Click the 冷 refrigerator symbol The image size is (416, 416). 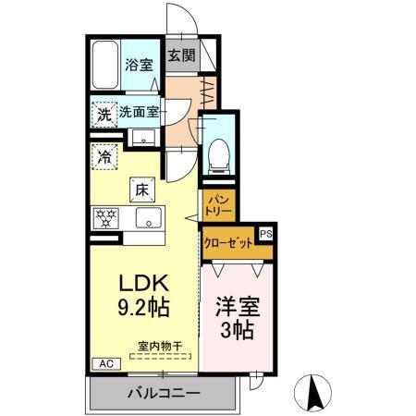[105, 154]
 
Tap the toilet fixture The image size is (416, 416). [219, 152]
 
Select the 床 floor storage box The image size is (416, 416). [143, 188]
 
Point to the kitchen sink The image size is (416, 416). [148, 219]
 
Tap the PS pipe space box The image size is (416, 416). [265, 235]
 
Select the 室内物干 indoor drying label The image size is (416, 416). [160, 347]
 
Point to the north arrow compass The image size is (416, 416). [316, 394]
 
